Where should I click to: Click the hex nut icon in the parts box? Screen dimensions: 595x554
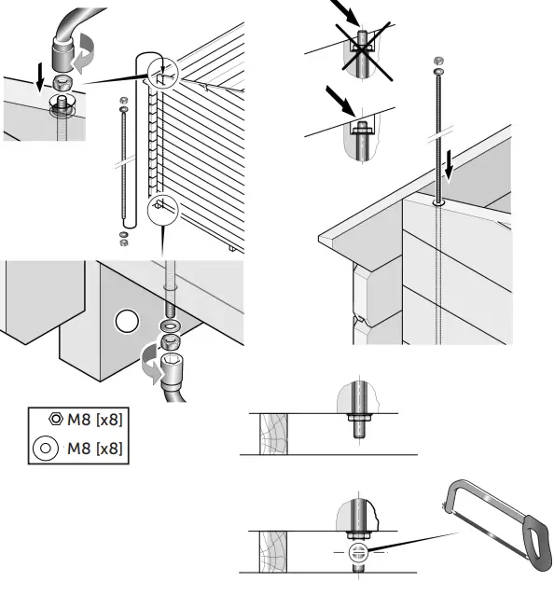pyautogui.click(x=55, y=420)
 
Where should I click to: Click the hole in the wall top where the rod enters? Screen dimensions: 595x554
pyautogui.click(x=437, y=200)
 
